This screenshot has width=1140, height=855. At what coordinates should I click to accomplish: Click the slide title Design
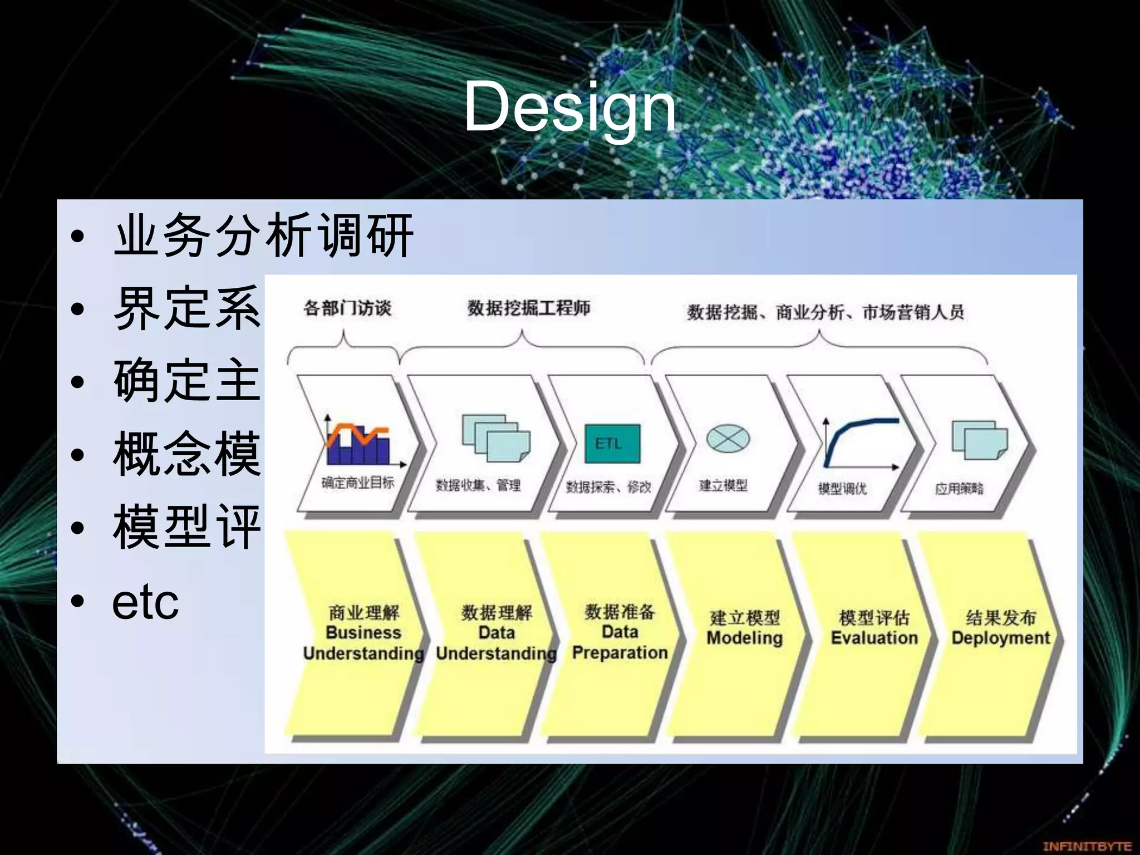pos(569,107)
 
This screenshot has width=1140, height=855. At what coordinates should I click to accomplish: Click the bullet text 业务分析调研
pos(263,236)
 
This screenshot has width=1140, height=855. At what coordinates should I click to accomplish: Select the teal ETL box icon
pos(612,444)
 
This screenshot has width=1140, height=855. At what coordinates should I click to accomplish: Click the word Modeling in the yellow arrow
pos(744,638)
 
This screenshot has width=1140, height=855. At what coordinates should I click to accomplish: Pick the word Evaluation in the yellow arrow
pos(874,638)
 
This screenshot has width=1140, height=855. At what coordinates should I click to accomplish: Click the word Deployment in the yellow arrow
pos(1000,638)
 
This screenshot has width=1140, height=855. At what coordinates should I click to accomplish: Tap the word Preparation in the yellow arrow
pos(620,652)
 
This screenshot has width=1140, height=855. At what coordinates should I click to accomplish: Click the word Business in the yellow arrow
pos(363,633)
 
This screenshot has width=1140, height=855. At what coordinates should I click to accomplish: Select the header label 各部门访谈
pos(347,308)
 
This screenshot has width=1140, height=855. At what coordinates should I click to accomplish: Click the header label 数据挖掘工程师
pos(528,308)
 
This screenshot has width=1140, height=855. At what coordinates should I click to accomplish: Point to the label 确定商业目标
pos(357,483)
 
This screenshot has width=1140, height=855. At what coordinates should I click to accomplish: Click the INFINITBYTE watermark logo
pos(1086,846)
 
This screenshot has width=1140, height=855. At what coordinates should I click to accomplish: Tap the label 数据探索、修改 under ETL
pos(608,487)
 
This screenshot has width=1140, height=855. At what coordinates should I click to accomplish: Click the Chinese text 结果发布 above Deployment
pos(1000,617)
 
